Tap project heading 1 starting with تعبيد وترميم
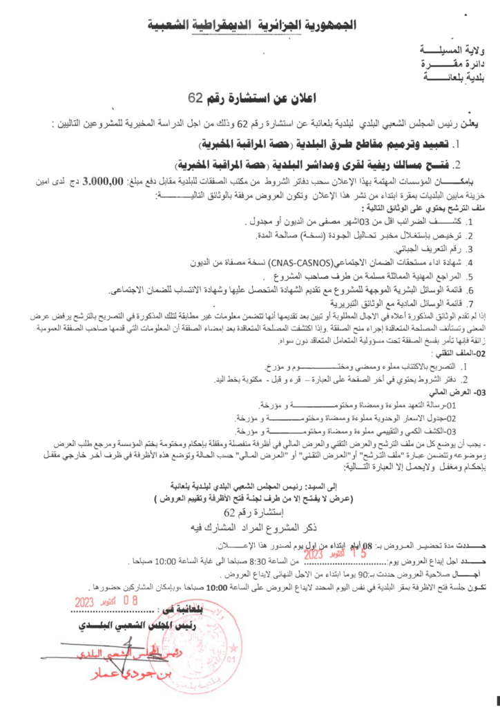point(325,144)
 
